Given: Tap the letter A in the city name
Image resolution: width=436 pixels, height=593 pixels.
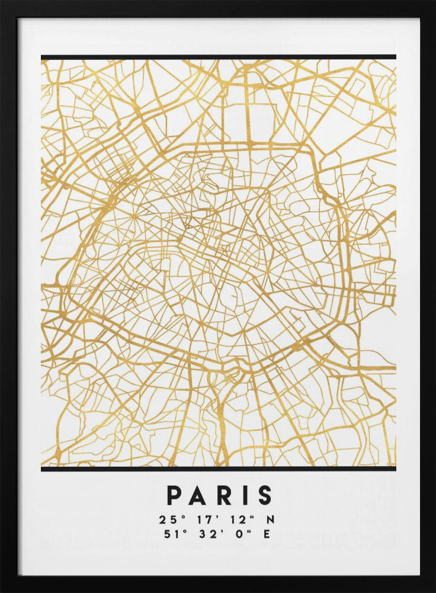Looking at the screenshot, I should tap(196, 495).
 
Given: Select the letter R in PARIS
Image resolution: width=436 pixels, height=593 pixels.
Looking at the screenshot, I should tap(220, 495).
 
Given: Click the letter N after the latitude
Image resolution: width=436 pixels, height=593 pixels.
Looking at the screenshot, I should tap(271, 519).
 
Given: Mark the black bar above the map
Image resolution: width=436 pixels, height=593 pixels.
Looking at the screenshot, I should tap(218, 57).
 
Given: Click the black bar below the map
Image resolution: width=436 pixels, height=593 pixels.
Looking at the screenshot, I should tap(218, 469).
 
